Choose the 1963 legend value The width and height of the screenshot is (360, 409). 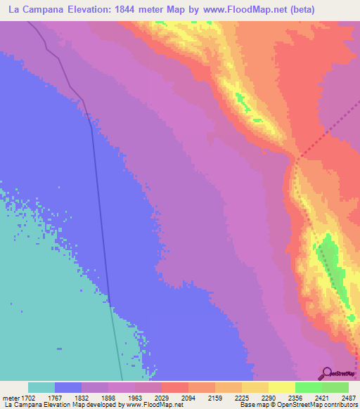[141, 397]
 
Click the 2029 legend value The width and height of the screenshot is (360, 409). [168, 397]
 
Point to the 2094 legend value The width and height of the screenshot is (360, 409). [195, 397]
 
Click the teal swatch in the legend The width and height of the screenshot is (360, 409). [41, 387]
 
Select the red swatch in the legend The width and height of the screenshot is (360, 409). [174, 387]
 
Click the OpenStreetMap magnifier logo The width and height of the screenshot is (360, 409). [326, 373]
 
